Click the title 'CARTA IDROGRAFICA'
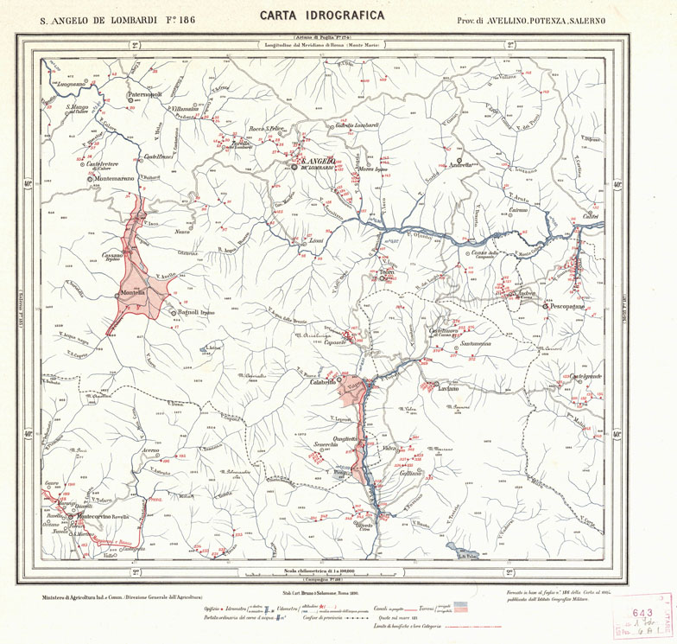(321, 16)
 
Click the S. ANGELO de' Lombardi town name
(321, 162)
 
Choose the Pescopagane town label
(569, 305)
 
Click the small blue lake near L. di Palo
(453, 547)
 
